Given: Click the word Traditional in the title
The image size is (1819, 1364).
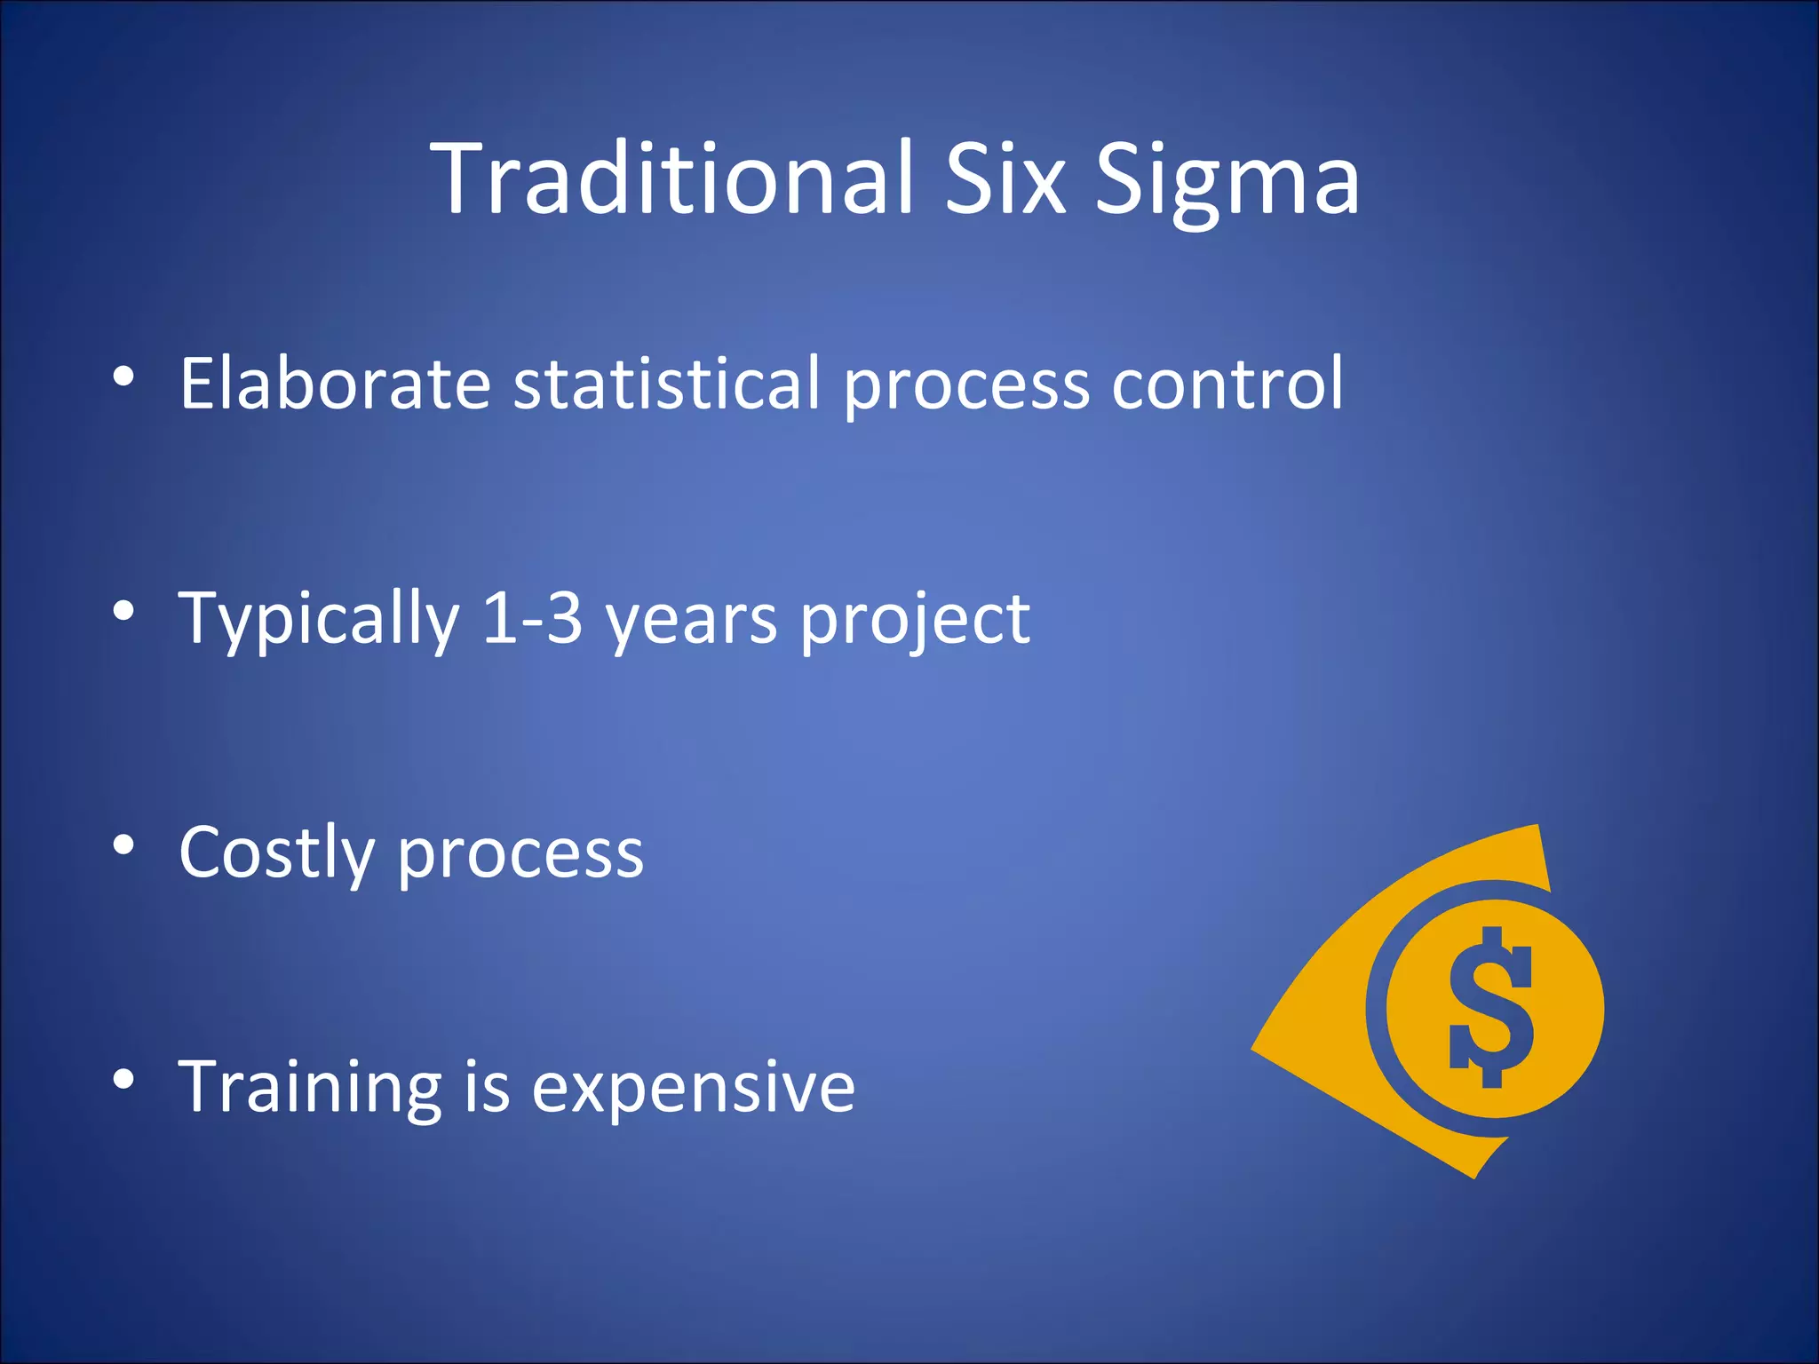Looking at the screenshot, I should [x=672, y=178].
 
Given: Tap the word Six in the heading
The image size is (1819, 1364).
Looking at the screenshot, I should [x=1005, y=178].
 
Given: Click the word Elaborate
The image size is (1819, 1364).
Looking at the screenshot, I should [x=335, y=383].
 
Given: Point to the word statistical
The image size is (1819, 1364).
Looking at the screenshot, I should [x=667, y=383].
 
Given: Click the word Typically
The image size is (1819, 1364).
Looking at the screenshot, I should [x=319, y=619].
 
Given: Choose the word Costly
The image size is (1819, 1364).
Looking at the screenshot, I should [x=276, y=853].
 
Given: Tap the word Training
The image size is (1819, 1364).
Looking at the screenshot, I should [x=309, y=1087].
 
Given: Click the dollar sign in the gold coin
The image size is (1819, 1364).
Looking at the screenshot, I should [x=1491, y=1008].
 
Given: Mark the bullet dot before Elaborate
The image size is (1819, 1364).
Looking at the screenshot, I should [x=123, y=377].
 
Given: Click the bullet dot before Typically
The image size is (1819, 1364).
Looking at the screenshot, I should [x=123, y=612].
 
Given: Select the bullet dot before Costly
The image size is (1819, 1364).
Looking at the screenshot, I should [x=123, y=846].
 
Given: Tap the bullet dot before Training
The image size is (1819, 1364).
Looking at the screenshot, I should [x=123, y=1080].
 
